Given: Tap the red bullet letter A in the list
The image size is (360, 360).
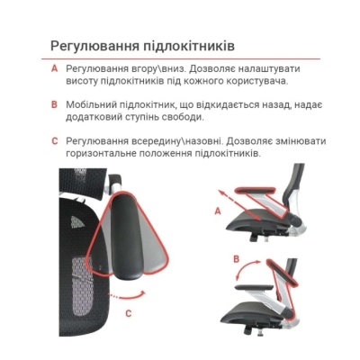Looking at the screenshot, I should (54, 68).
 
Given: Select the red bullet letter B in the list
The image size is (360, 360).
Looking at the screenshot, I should (54, 104).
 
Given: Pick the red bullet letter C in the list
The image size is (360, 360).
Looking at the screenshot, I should (54, 140).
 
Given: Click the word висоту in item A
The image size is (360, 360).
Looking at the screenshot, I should (85, 82).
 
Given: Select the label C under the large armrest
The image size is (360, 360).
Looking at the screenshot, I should (128, 313).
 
